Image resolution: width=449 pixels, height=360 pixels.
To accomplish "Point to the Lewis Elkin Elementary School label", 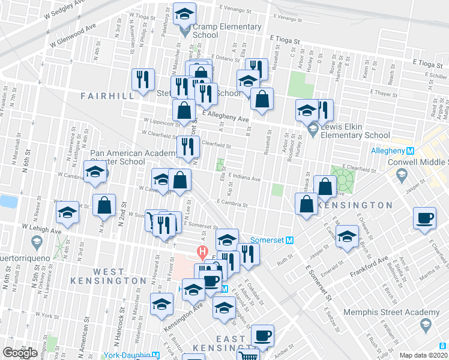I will pyautogui.click(x=358, y=131).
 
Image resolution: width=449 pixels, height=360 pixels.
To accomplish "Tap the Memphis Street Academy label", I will pyautogui.click(x=392, y=312).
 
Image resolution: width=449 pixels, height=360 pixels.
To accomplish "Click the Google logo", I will pyautogui.click(x=20, y=352).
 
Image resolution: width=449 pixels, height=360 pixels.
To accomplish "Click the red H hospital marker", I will pyautogui.click(x=203, y=250).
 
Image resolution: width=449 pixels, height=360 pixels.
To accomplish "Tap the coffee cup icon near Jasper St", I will pyautogui.click(x=425, y=219).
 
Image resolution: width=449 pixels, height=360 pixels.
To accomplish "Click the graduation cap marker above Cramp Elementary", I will pyautogui.click(x=185, y=13).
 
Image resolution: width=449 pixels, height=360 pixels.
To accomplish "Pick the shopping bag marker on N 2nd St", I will pyautogui.click(x=104, y=205).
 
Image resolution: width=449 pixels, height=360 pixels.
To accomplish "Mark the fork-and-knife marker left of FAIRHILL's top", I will pyautogui.click(x=143, y=80).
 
